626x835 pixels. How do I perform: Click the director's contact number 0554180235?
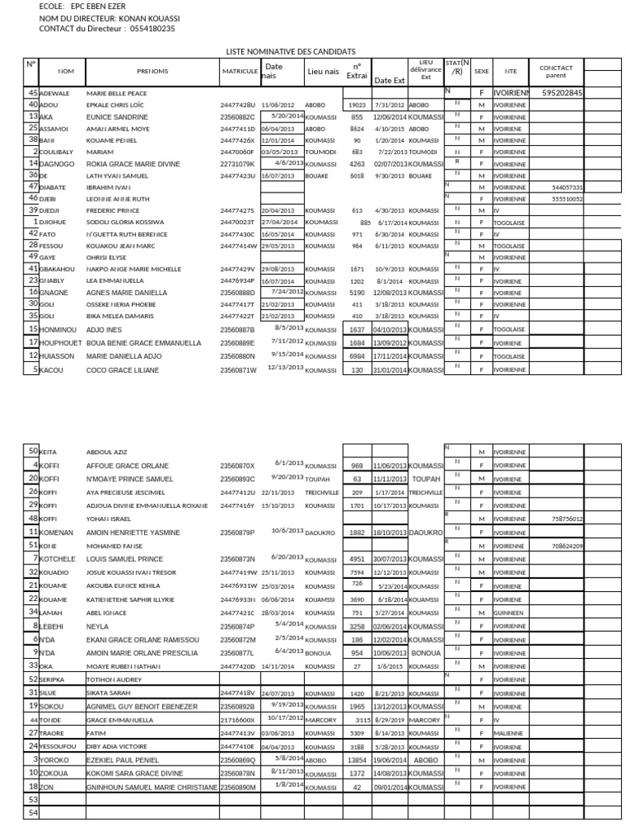point(150,29)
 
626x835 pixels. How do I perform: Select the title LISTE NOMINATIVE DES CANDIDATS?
point(296,51)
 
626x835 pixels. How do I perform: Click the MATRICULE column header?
point(240,72)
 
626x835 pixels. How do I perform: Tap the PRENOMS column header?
point(152,72)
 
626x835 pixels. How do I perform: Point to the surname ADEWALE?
point(55,94)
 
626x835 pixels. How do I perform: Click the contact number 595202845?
point(562,94)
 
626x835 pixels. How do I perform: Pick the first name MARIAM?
point(100,152)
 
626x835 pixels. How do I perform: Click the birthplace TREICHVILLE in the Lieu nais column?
point(322,493)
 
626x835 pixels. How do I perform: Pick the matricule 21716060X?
point(238,721)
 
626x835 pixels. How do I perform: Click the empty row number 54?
point(33,812)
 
